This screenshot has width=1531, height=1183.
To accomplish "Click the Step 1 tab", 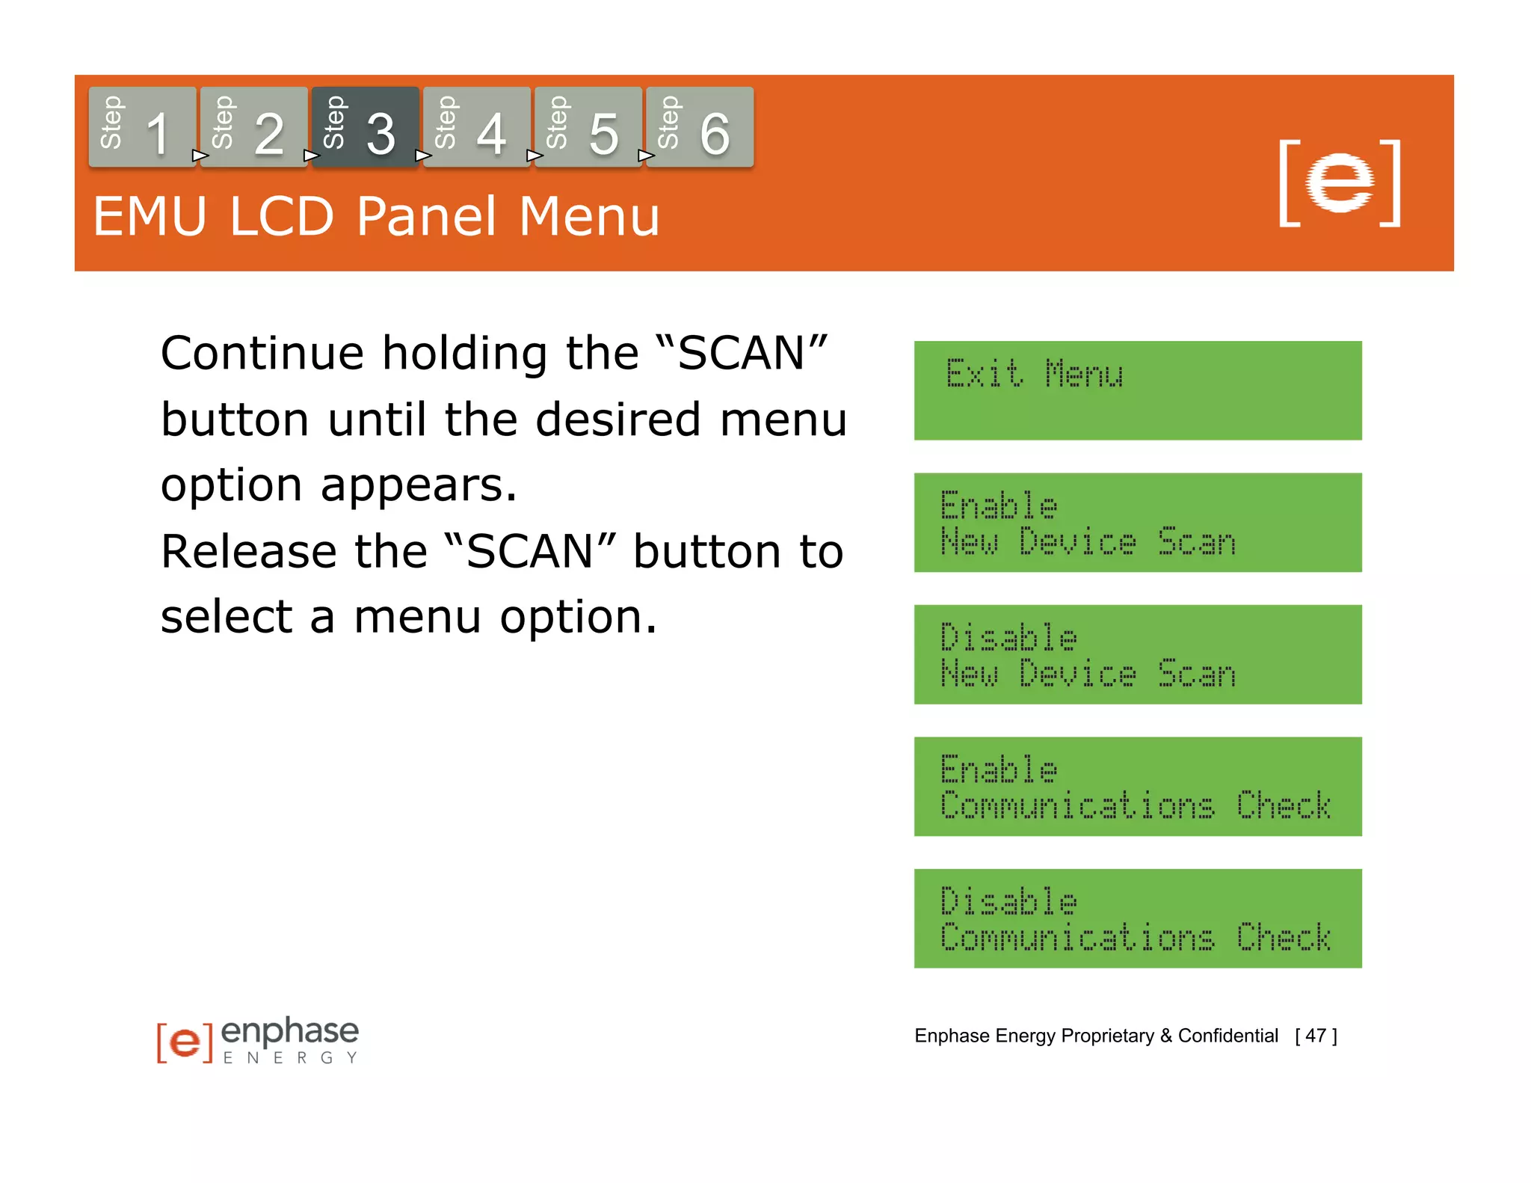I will (142, 127).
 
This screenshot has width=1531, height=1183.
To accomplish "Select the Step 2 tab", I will (253, 127).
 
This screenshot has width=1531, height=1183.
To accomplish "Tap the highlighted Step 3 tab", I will (365, 127).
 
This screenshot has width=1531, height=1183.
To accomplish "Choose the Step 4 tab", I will (476, 127).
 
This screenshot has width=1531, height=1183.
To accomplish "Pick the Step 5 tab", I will (588, 127).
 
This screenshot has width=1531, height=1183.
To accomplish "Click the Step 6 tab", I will (699, 127).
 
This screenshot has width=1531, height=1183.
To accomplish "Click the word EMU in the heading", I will (150, 217).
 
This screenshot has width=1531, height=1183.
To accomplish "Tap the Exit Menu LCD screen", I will (1137, 390).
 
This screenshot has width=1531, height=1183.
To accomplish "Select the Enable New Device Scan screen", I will (1137, 523).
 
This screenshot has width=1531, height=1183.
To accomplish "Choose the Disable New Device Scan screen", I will (1137, 654).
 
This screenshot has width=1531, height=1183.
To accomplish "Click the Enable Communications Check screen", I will (1137, 787).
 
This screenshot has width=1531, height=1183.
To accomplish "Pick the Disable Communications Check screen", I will (1137, 918).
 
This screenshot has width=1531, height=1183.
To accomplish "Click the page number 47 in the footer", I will (1316, 1036).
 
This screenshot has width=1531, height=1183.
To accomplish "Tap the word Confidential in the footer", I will (1227, 1036).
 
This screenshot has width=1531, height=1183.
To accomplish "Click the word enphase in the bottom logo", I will (290, 1032).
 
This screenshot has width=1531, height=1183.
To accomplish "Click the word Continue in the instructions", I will (262, 354).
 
